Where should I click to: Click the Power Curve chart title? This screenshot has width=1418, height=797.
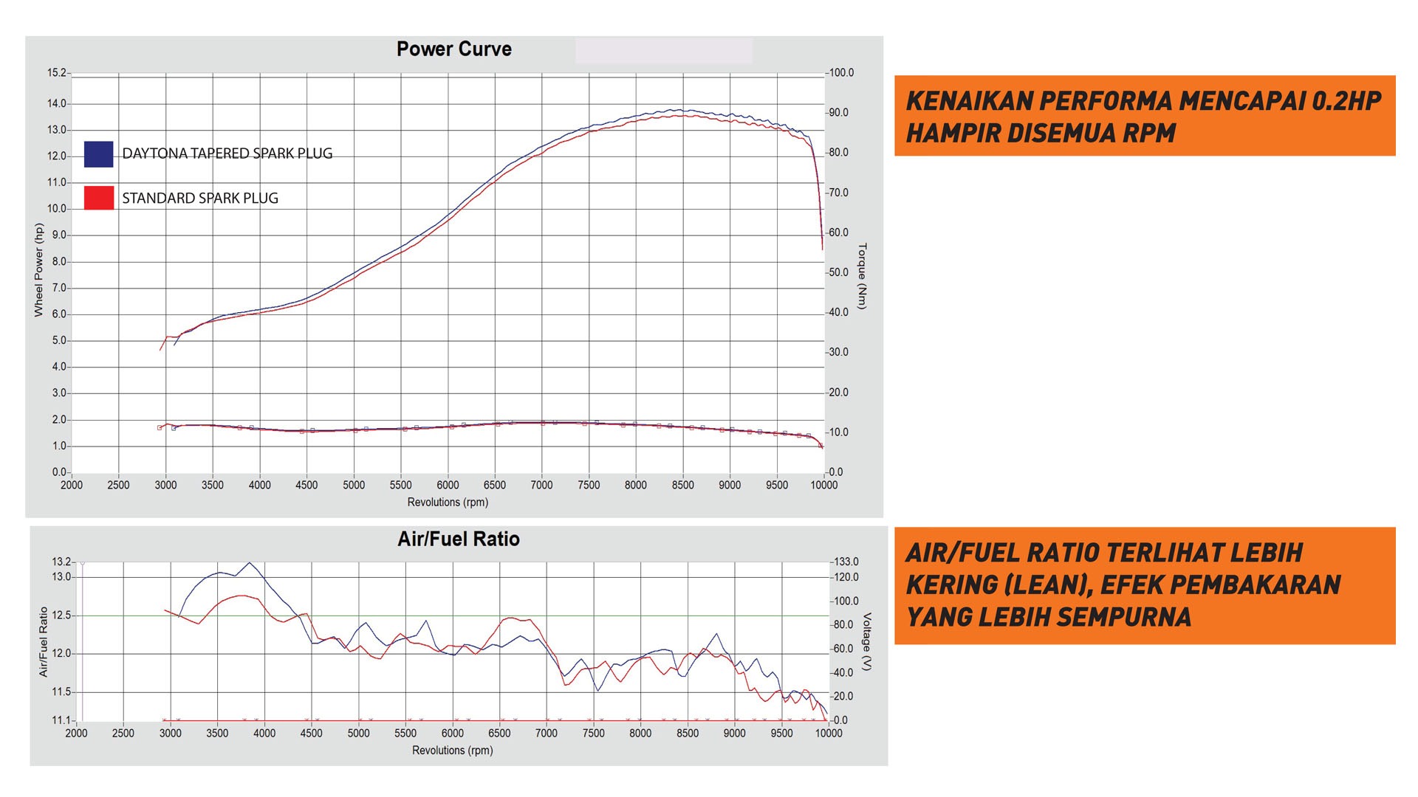click(x=453, y=49)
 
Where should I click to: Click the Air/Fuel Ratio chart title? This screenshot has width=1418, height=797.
click(x=458, y=539)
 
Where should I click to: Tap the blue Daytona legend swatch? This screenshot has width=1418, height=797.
click(x=98, y=153)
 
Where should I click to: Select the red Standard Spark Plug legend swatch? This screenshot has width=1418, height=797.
click(x=98, y=198)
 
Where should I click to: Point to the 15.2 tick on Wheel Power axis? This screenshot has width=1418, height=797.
click(x=57, y=73)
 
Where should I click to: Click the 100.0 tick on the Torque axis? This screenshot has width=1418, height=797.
click(x=841, y=73)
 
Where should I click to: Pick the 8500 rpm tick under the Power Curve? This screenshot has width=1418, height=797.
click(x=682, y=486)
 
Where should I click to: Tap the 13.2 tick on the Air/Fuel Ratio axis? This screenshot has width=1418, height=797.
click(x=61, y=562)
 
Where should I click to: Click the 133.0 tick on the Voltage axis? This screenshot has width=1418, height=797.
click(x=845, y=562)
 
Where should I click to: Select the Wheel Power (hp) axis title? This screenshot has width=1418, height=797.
click(x=39, y=270)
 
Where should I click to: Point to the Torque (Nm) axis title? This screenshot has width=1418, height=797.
click(x=863, y=276)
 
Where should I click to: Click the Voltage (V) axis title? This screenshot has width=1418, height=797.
click(x=867, y=641)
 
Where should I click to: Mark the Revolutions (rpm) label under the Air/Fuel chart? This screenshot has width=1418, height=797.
click(x=452, y=751)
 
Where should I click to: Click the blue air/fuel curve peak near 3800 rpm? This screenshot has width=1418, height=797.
click(x=249, y=563)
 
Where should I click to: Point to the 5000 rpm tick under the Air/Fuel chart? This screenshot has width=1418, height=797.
click(x=358, y=734)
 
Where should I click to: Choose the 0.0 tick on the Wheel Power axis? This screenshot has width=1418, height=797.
click(x=59, y=472)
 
